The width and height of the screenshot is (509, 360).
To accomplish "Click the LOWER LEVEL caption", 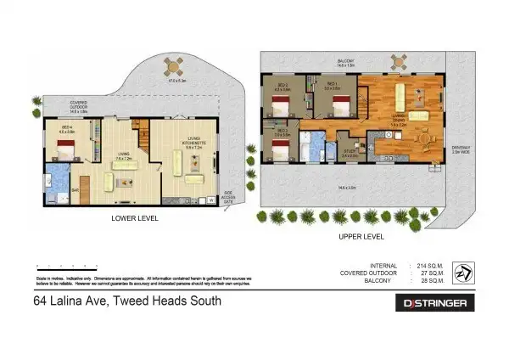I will pos(136,218).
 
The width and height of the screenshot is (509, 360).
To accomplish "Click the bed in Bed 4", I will pos(65,152).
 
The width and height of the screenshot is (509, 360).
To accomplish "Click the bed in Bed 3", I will pos(281,151).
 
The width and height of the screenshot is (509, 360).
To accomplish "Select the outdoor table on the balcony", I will pos(397,61).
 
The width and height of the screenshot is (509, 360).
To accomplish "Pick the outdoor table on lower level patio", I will pos(174,66).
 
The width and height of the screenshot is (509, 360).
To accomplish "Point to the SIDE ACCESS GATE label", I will pos(227,196).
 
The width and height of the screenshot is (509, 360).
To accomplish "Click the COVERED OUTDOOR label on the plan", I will pos(83,105).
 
